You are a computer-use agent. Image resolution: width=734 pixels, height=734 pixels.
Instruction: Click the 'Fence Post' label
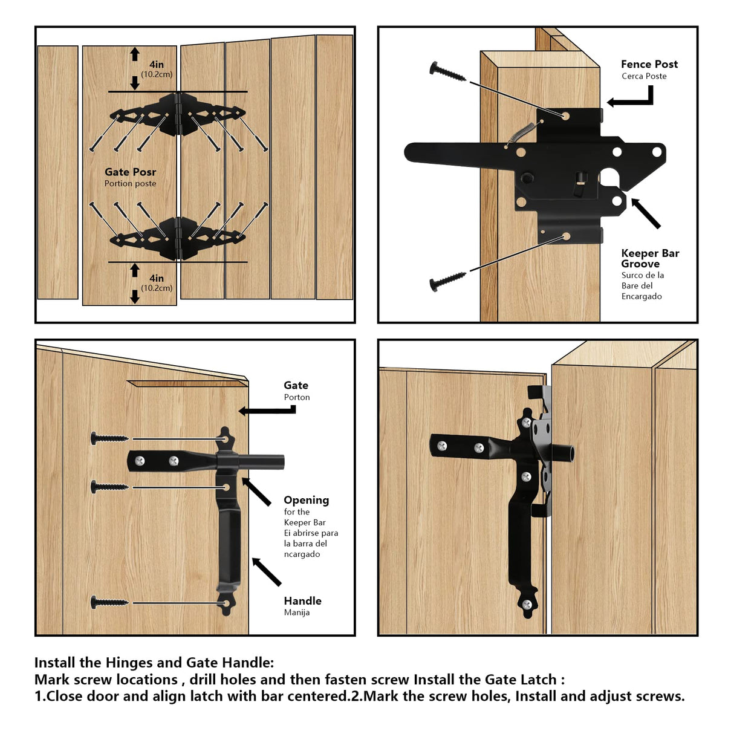(649, 64)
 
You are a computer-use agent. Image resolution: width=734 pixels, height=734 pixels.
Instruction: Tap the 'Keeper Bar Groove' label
(649, 258)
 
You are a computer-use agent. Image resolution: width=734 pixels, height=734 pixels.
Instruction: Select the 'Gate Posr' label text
(130, 172)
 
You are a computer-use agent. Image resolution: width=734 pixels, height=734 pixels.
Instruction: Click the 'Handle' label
(302, 601)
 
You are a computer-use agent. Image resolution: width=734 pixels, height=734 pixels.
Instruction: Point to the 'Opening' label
(306, 500)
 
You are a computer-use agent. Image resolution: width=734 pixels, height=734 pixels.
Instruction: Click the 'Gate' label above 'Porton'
(296, 385)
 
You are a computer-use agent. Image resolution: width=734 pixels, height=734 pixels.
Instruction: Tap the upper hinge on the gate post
(178, 114)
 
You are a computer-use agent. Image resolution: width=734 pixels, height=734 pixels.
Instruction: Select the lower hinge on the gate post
(178, 238)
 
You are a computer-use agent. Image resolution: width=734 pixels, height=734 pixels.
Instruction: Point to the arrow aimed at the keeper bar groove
(646, 213)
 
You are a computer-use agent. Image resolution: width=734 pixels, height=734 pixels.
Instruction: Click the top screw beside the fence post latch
(447, 72)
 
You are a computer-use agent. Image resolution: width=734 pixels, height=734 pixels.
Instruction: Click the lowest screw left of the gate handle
(109, 602)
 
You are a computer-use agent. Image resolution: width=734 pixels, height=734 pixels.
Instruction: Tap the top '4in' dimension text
(157, 65)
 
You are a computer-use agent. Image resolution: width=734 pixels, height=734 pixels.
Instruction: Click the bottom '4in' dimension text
(157, 278)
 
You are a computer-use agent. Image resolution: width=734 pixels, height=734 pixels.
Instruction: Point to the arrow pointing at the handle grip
(267, 572)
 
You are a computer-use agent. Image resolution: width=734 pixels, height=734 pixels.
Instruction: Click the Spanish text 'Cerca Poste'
(644, 76)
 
